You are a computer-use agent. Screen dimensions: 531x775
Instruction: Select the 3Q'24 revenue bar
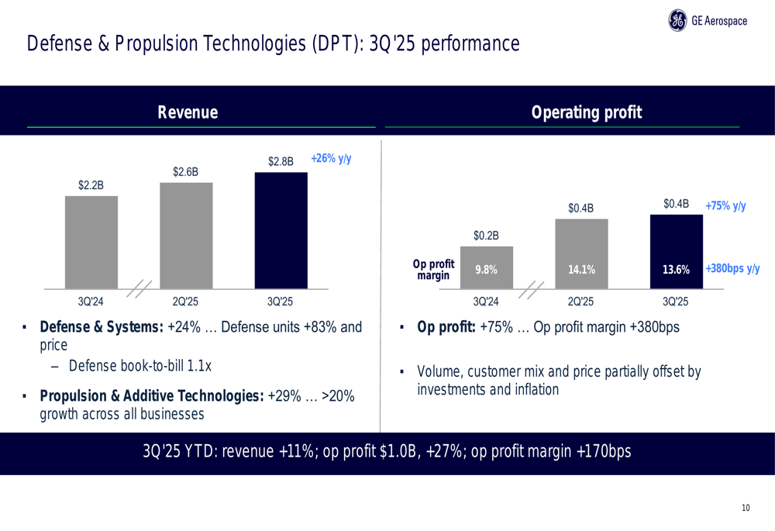tap(91, 241)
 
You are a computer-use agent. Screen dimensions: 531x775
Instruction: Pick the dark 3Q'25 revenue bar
tap(281, 230)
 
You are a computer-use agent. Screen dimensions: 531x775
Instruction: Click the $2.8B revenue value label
tap(281, 161)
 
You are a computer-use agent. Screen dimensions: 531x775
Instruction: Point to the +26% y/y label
tap(331, 158)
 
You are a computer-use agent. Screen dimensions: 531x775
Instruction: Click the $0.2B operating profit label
tap(487, 235)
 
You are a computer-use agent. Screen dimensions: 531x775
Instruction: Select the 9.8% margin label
tap(487, 270)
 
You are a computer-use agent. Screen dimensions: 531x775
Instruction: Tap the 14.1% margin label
tap(581, 270)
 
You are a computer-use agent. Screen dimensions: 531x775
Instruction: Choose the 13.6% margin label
tap(676, 270)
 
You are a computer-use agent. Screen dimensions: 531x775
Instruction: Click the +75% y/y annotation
tap(725, 205)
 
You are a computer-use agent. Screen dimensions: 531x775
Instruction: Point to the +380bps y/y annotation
tap(732, 268)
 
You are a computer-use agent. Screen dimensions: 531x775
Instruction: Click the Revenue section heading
tap(188, 113)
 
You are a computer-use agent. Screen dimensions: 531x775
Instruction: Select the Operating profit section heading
tap(587, 113)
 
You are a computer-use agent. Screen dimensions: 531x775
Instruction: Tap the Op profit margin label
tap(433, 270)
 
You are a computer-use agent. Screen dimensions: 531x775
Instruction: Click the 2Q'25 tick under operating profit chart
tap(580, 301)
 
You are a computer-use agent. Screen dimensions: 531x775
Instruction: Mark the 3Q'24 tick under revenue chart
tap(91, 301)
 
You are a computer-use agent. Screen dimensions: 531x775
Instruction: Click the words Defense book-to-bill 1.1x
tap(139, 366)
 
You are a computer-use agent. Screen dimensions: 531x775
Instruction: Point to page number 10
tap(746, 508)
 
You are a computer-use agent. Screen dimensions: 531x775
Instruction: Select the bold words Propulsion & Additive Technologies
tap(152, 397)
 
